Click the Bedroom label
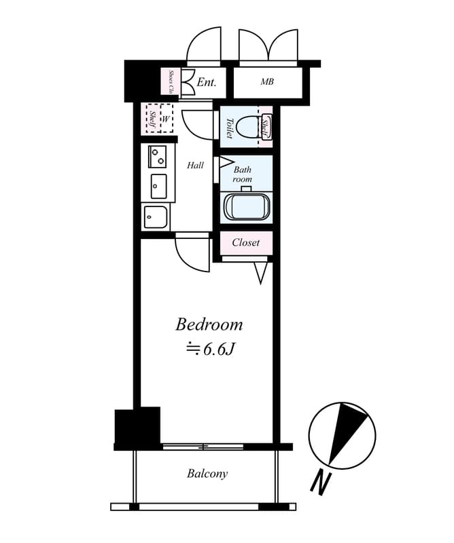[209, 325]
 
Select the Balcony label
[207, 474]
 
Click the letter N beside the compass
[321, 483]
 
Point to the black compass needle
[347, 432]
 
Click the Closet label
[246, 242]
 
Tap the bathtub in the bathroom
[247, 206]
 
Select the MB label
[267, 81]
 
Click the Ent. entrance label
[207, 82]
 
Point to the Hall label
[195, 166]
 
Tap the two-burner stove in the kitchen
[158, 156]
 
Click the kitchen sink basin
[158, 186]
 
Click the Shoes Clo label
[171, 81]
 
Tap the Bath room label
[243, 174]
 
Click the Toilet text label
[229, 128]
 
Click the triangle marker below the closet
[261, 274]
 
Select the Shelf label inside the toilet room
[266, 128]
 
